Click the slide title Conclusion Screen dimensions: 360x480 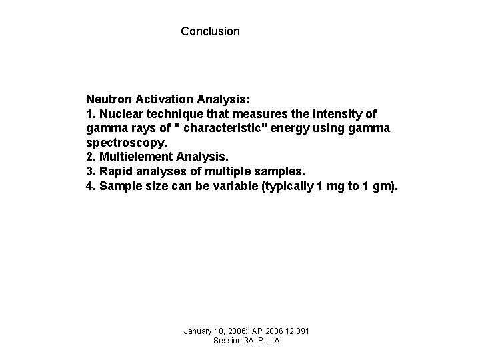pos(210,31)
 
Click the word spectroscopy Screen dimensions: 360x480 pos(127,143)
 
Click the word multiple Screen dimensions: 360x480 pos(233,171)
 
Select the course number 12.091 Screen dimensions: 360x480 pos(296,331)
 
